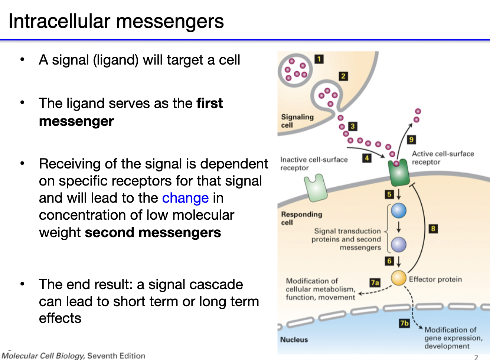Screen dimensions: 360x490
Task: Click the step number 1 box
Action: pos(319,59)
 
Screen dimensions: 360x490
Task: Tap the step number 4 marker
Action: pos(367,158)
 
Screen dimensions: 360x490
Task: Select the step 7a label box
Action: pos(375,282)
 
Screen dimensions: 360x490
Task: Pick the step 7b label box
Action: pos(404,323)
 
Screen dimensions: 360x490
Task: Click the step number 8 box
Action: pos(433,229)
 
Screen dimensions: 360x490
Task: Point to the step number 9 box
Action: pos(411,140)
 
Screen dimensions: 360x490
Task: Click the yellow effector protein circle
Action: pos(399,278)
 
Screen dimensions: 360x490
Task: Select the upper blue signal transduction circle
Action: pos(399,210)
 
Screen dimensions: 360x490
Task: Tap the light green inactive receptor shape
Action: pos(316,188)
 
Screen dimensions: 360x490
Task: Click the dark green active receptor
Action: pos(398,173)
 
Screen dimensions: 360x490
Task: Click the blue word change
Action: pos(185,198)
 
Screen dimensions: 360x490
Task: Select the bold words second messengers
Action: pos(153,233)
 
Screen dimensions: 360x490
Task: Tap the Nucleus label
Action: pos(294,340)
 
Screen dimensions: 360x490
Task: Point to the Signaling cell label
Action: pos(297,121)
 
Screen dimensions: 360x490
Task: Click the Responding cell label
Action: pos(301,218)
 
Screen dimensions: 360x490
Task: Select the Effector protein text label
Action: pos(435,279)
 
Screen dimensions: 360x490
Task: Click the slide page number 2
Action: pos(476,357)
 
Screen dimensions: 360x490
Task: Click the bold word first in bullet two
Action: pos(210,104)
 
